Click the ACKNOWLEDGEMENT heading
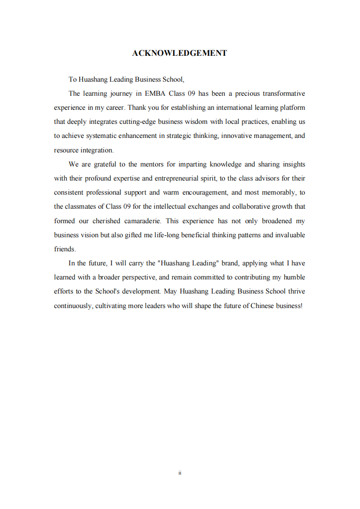pyautogui.click(x=180, y=53)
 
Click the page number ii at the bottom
pyautogui.click(x=180, y=473)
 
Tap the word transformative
pyautogui.click(x=284, y=93)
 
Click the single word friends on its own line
pyautogui.click(x=64, y=249)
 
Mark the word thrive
pyautogui.click(x=296, y=291)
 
